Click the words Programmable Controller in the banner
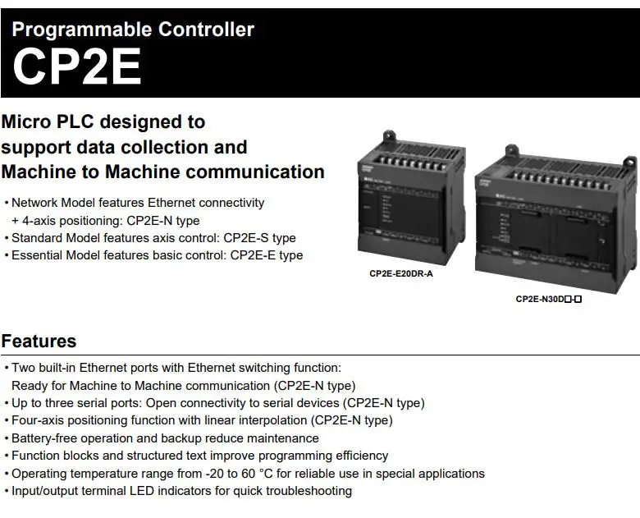pos(133,30)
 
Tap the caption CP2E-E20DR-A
pos(400,273)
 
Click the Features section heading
pos(39,342)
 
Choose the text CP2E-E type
pos(266,255)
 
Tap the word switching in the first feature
pos(264,368)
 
